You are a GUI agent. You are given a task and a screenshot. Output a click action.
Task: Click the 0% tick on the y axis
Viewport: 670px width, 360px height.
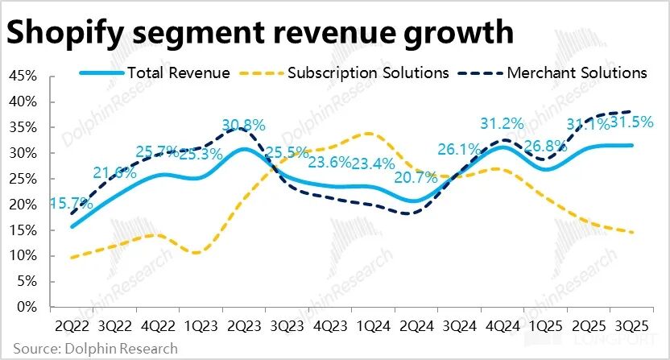(27, 308)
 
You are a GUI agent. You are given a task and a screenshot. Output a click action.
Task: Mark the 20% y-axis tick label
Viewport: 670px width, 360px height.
(23, 205)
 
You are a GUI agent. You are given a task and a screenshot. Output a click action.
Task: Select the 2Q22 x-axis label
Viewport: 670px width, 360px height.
(72, 328)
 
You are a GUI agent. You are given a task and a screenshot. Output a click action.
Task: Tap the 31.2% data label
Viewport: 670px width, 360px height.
(502, 123)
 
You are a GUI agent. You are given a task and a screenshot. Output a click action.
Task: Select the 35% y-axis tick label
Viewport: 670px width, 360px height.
(23, 128)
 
